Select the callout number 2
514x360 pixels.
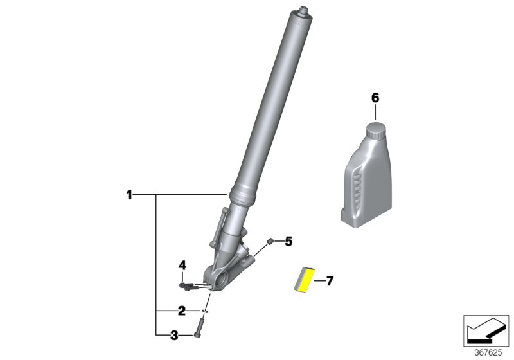[182, 311]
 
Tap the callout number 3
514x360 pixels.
[173, 334]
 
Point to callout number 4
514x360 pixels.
[182, 265]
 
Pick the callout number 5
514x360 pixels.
[288, 242]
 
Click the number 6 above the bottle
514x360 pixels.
[375, 98]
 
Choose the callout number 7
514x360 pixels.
[330, 281]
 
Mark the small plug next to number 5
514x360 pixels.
[270, 241]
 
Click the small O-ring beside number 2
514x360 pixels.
[204, 311]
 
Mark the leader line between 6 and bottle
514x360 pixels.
[375, 113]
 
